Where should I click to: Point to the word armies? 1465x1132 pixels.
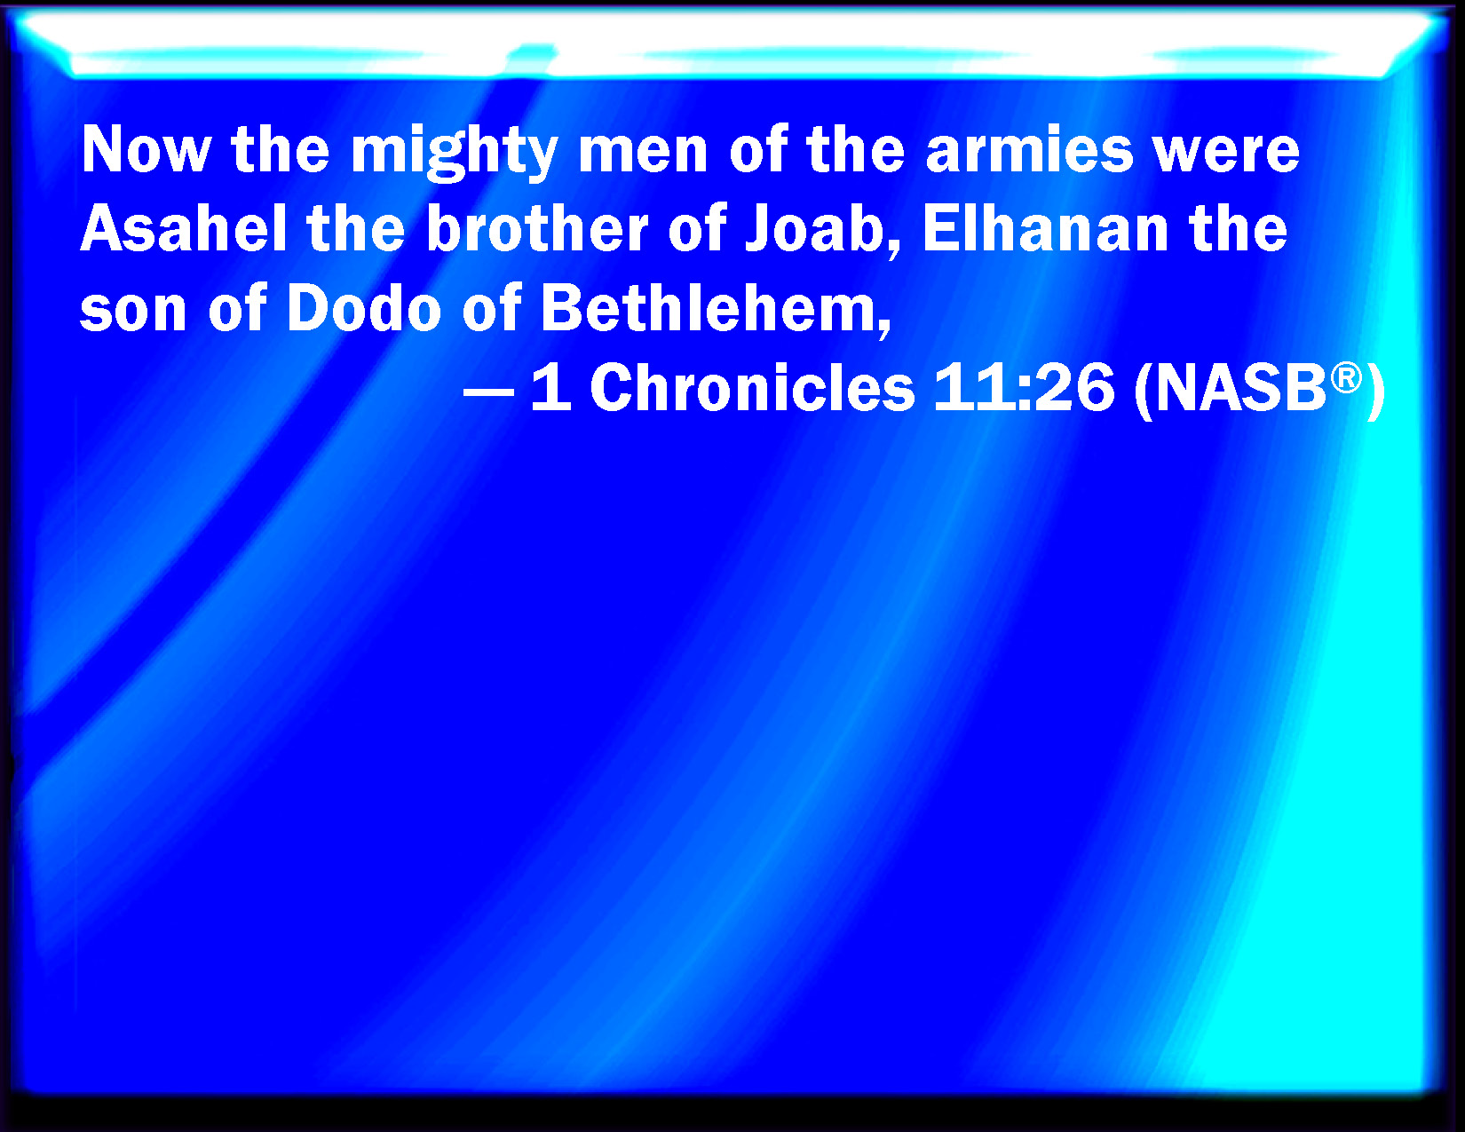click(1029, 149)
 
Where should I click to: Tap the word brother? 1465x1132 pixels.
click(537, 228)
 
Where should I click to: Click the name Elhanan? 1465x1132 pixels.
click(1045, 228)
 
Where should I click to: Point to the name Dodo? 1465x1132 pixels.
click(364, 307)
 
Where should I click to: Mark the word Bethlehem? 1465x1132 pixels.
click(708, 307)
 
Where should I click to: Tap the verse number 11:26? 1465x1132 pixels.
click(1024, 387)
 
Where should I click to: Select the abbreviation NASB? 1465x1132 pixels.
click(1240, 388)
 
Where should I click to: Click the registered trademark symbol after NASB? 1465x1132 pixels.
click(1346, 377)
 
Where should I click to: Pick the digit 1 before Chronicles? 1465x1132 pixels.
click(552, 387)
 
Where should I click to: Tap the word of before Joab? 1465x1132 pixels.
click(697, 228)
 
